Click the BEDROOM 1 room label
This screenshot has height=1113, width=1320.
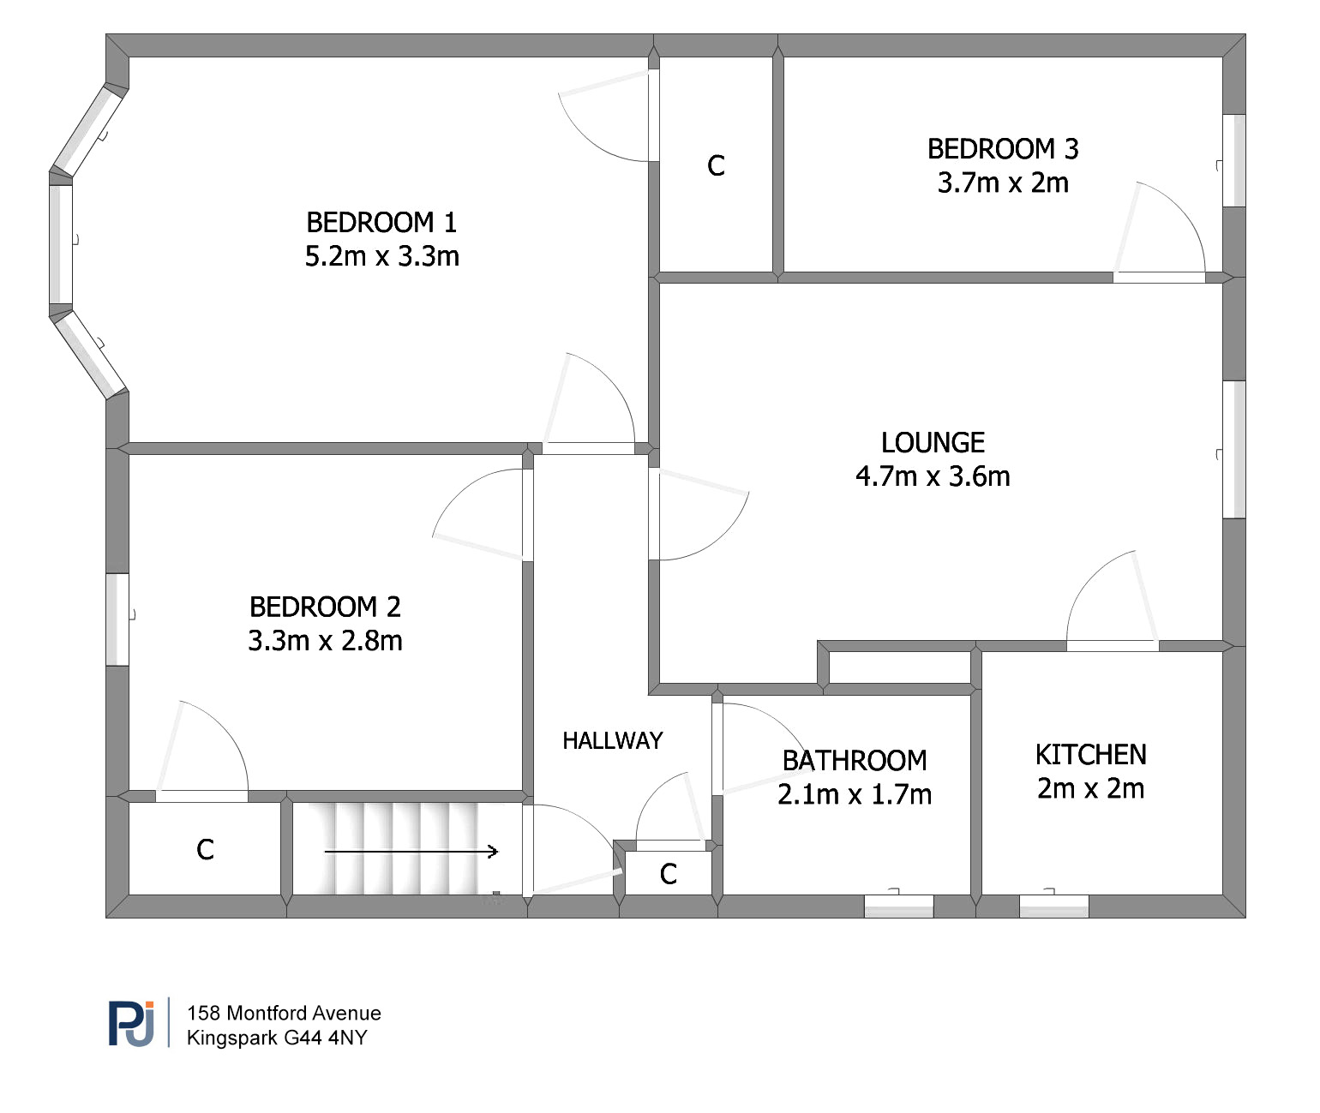[x=381, y=223]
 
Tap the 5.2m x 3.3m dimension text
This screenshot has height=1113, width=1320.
[x=381, y=256]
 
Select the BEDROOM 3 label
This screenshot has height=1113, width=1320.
[x=1003, y=149]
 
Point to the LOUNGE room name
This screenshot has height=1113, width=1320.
[x=933, y=442]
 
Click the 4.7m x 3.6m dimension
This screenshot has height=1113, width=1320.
[x=933, y=476]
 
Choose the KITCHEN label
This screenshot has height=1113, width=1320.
[x=1090, y=755]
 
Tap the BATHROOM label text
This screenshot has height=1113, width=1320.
[x=855, y=760]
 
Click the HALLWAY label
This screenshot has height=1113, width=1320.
[x=613, y=740]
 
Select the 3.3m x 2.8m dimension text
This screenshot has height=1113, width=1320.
[x=325, y=641]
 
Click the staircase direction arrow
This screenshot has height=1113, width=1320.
[x=411, y=852]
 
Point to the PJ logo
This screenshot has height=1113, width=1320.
[x=131, y=1024]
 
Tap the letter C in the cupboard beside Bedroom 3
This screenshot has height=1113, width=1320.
[x=716, y=165]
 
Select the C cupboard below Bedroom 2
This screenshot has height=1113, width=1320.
[x=205, y=849]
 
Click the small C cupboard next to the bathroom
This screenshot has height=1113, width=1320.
[x=669, y=874]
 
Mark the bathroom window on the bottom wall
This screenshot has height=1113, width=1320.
[x=898, y=906]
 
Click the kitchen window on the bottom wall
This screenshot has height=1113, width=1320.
[x=1053, y=906]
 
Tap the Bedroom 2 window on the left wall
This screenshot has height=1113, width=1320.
[x=117, y=619]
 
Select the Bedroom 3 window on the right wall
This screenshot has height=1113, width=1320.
[x=1233, y=160]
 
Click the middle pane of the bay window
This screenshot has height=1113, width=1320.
[x=61, y=244]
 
